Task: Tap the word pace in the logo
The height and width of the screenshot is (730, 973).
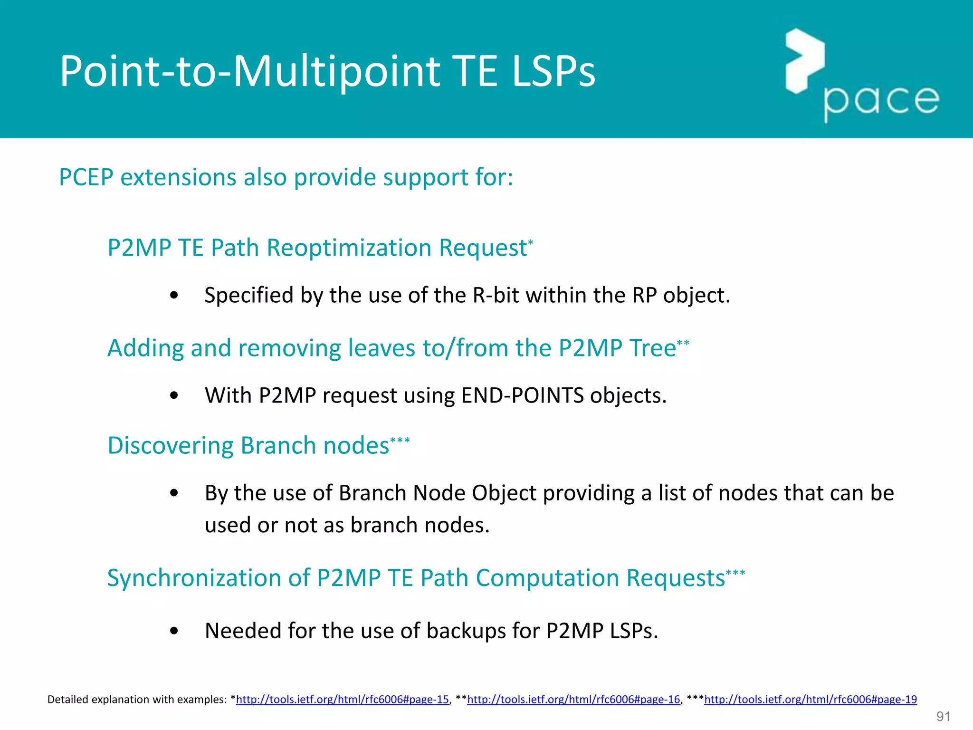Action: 881,101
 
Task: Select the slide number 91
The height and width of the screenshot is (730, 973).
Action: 943,716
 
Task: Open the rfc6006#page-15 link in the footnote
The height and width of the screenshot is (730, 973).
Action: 342,699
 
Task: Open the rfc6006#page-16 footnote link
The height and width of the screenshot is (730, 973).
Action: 573,699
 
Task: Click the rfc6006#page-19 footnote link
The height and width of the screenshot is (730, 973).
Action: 810,699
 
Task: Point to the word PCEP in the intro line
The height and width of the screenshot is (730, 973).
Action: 86,177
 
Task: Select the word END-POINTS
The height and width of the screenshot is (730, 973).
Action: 522,395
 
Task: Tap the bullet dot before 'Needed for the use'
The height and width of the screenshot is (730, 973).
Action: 174,631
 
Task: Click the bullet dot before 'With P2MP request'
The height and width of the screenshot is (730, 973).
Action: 174,395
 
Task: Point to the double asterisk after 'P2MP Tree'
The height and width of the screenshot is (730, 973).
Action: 683,343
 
